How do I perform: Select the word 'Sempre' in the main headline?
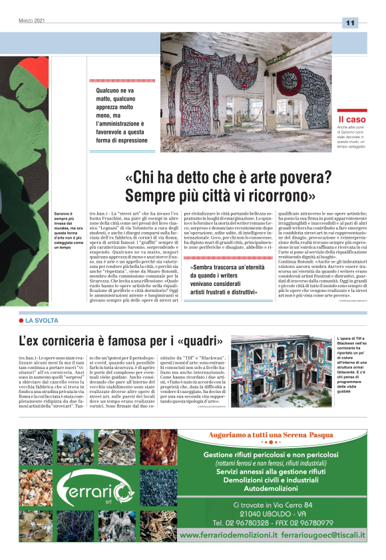[151, 196]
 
